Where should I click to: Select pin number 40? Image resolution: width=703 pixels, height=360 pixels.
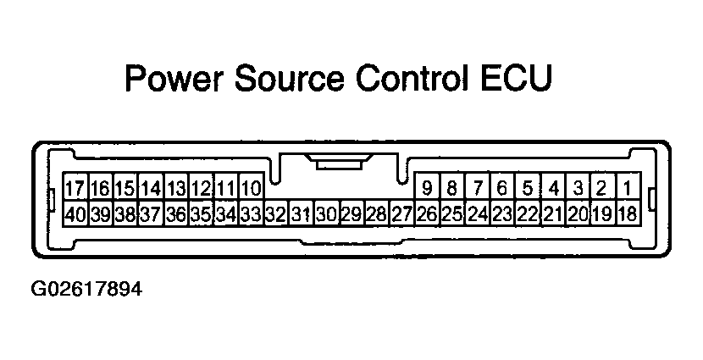(75, 213)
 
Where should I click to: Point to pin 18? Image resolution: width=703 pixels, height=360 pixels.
(628, 213)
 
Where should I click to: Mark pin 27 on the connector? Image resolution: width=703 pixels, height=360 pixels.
(402, 213)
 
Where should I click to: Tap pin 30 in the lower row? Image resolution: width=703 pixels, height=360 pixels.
(327, 213)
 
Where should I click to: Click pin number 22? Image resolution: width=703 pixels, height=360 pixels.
(528, 213)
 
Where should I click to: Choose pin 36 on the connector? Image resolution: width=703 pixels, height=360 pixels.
(176, 213)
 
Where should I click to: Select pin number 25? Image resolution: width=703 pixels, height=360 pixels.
(452, 213)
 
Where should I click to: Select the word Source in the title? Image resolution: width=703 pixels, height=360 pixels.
(290, 79)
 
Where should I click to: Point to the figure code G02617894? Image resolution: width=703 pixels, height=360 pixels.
(86, 289)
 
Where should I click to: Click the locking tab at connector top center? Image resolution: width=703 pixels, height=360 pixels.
(339, 162)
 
